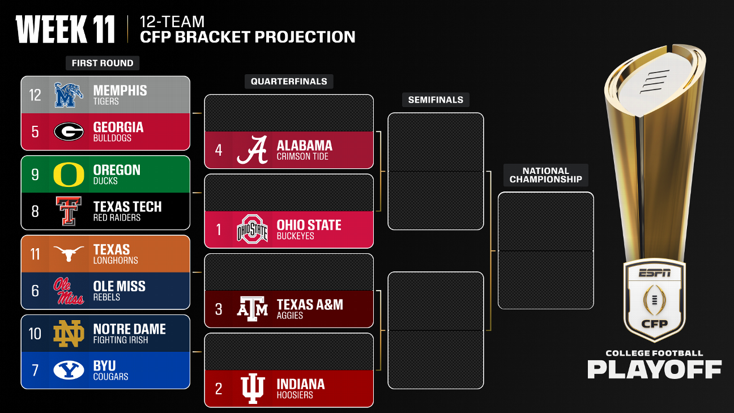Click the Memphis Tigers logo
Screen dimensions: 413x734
tap(69, 95)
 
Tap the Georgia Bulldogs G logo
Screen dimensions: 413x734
tap(69, 131)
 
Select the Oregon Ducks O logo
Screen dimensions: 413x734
tap(69, 174)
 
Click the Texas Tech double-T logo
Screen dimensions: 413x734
tap(69, 211)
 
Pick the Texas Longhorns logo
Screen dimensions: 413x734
tap(69, 254)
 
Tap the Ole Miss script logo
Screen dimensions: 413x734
tap(69, 291)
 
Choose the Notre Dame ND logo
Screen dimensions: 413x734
tap(69, 333)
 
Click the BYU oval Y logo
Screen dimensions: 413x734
tap(69, 370)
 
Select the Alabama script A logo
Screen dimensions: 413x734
tap(252, 150)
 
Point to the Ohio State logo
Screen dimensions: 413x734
tap(252, 229)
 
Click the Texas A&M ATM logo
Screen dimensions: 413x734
tap(252, 309)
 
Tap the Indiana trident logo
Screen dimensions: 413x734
tap(252, 389)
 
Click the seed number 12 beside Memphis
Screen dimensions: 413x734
tap(35, 95)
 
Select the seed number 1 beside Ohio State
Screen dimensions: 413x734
tap(219, 229)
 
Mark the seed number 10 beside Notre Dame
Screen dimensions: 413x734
tap(35, 333)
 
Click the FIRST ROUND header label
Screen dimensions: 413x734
tap(103, 63)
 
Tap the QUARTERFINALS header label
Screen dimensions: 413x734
tap(289, 82)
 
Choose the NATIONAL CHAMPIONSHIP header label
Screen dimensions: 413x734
tap(545, 175)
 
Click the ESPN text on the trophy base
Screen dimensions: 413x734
tap(655, 273)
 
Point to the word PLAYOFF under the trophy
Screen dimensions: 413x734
tap(654, 369)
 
